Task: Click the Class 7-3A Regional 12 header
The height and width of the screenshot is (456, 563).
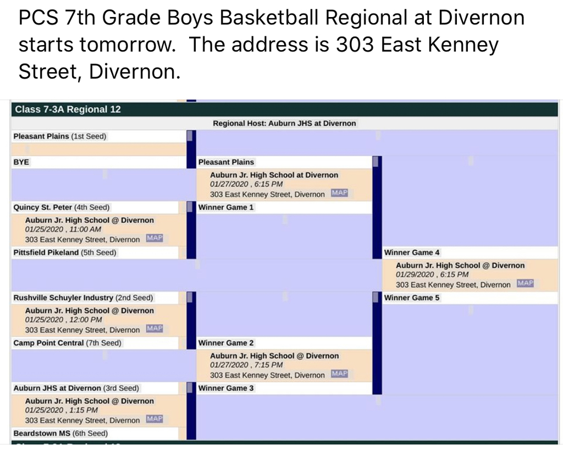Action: coord(68,109)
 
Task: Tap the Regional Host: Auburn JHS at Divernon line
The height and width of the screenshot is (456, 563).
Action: coord(284,123)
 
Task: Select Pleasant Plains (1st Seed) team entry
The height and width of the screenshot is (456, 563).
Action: coord(59,136)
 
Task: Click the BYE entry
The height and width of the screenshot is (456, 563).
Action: coord(21,162)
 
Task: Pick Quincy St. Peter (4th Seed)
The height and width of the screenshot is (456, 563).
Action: coord(62,207)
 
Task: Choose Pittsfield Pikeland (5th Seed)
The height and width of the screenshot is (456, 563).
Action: coord(65,252)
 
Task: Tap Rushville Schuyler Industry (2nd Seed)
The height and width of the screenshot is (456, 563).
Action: coord(84,298)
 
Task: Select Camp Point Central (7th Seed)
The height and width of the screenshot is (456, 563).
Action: coord(67,343)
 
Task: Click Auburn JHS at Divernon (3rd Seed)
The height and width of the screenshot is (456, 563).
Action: coord(76,388)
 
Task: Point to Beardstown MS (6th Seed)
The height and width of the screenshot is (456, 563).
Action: coord(60,433)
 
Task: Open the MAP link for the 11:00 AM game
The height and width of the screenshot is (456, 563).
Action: coord(154,238)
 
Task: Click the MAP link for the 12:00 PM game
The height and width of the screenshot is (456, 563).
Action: coord(154,328)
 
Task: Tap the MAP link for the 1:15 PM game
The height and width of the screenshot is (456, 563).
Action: coord(154,419)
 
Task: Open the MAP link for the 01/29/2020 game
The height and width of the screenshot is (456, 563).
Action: coord(525,283)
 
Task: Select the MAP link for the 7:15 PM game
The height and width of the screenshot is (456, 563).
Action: coord(339,373)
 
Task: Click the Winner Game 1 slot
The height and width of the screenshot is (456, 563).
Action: coord(226,207)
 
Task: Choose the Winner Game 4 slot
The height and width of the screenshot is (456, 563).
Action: coord(412,252)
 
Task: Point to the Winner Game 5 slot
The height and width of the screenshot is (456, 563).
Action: coord(412,298)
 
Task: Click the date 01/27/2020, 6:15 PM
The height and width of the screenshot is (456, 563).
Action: coord(246,184)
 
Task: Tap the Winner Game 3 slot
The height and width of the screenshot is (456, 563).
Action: coord(226,388)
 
